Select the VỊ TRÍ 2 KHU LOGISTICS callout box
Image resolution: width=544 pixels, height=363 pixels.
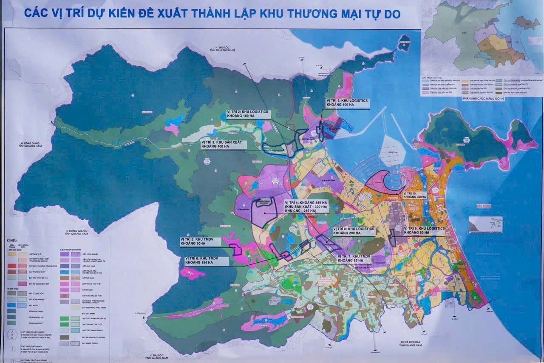pos(247,114)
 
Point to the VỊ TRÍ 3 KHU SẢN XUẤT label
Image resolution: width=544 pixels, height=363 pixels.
pos(223,144)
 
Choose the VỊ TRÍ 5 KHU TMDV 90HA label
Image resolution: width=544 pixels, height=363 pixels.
pos(200,241)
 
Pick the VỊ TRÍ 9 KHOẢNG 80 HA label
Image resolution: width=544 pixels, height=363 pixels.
pos(424,230)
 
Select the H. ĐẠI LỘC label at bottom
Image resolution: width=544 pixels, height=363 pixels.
pos(157,356)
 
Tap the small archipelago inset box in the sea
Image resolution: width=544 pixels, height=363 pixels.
pos(485,224)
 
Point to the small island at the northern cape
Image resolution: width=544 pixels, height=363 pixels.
pos(404,43)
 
